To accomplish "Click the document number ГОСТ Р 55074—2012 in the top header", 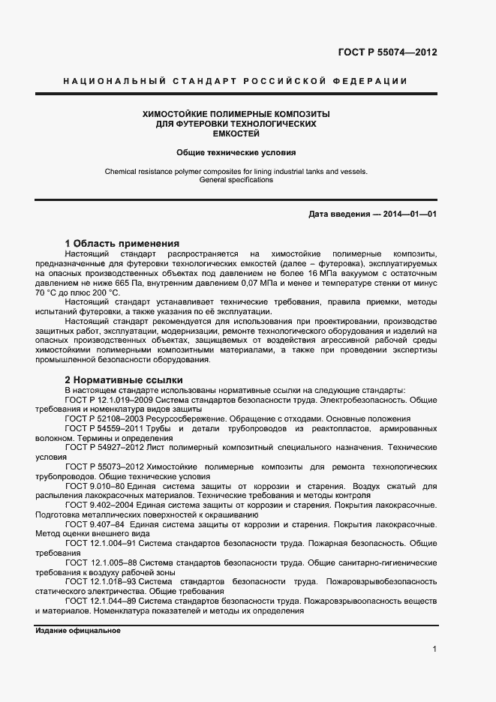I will click(x=387, y=52).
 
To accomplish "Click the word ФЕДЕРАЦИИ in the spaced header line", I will click(x=373, y=81).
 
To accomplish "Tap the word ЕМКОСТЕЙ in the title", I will click(x=236, y=133).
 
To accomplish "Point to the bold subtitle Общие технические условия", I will click(x=236, y=151).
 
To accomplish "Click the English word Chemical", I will click(x=122, y=171).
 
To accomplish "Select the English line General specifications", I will click(x=236, y=180).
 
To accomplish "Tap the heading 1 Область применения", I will click(x=122, y=244).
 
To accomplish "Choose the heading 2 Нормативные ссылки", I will click(x=124, y=379).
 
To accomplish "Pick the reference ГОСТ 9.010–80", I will click(x=95, y=486).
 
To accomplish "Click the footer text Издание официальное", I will click(x=78, y=631).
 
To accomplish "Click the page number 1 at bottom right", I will click(x=435, y=649).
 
